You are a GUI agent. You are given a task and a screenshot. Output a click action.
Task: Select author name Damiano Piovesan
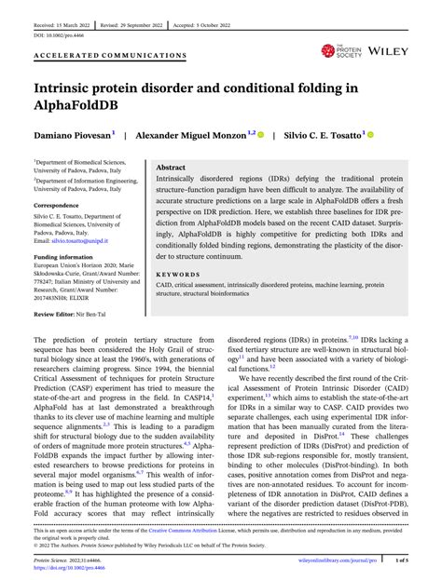72,135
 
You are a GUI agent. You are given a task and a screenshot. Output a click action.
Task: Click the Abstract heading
170,168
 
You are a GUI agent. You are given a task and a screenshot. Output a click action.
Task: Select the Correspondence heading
59,203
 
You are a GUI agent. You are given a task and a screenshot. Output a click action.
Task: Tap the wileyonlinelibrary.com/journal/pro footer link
336,562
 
